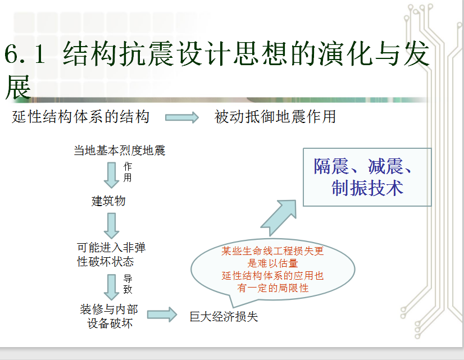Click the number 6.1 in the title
click(25, 53)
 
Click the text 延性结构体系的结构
click(80, 117)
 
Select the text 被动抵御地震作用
click(275, 117)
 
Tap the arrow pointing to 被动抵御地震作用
click(182, 117)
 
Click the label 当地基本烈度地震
click(119, 151)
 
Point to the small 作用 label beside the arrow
click(128, 172)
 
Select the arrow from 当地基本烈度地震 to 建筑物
click(112, 175)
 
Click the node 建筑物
click(108, 201)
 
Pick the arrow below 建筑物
click(112, 226)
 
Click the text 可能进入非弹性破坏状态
click(111, 254)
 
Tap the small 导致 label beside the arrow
click(128, 284)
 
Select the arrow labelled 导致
click(112, 287)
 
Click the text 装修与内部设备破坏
click(109, 316)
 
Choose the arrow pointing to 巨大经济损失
click(162, 315)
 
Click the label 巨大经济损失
click(224, 317)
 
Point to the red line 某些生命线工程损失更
click(272, 251)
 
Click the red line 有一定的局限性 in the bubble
click(272, 288)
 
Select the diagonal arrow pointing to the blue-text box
click(279, 218)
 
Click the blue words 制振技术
click(367, 188)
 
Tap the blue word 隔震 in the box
click(331, 167)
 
